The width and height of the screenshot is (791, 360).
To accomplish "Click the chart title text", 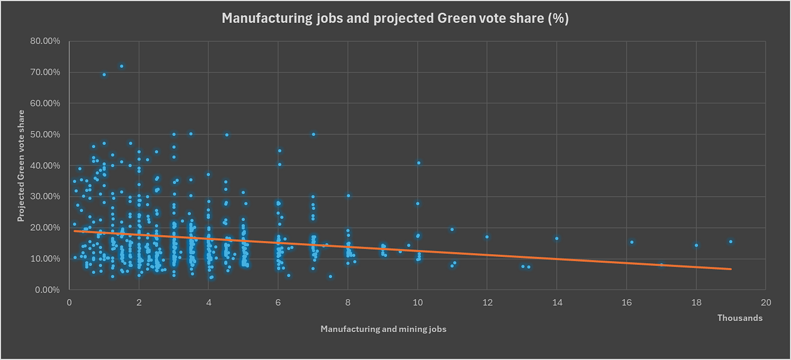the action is click(395, 18).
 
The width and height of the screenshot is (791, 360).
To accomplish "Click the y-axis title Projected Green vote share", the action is click(21, 166).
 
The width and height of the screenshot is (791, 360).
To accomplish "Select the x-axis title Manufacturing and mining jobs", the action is click(383, 329).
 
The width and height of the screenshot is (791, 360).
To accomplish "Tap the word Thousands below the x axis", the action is click(740, 318).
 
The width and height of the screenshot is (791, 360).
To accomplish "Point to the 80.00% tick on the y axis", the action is click(45, 41).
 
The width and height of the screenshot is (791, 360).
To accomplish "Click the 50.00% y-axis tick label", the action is click(45, 135).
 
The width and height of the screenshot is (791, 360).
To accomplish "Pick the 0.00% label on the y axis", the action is click(47, 290).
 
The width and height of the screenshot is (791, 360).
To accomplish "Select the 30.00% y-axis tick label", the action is click(45, 197).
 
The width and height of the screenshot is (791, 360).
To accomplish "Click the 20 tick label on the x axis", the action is click(766, 302).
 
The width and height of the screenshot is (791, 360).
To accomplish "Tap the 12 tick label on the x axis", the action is click(487, 302).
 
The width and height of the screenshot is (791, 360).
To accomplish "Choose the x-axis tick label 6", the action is click(278, 302).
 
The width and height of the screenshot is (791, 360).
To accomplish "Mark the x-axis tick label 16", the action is click(627, 302).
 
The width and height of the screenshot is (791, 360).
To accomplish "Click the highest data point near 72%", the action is click(122, 66).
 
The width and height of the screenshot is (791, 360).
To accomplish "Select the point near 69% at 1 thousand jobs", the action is click(104, 74).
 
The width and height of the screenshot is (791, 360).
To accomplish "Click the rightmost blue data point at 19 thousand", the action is click(731, 242).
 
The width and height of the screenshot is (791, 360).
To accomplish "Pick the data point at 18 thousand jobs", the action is click(696, 245).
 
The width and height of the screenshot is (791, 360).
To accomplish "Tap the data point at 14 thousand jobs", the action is click(557, 238).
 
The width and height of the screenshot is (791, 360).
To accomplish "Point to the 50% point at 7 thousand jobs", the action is click(313, 135).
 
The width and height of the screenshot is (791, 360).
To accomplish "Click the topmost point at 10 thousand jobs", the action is click(419, 163).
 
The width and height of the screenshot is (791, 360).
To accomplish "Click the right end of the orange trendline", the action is click(731, 269).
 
